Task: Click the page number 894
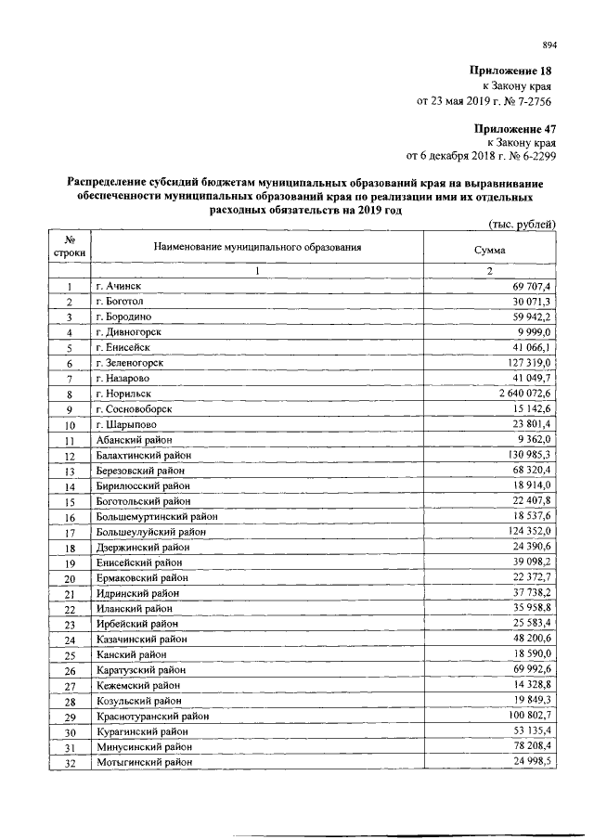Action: [x=549, y=44]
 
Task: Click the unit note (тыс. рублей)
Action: [x=522, y=224]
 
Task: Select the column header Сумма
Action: [x=489, y=250]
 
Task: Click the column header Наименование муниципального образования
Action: [x=257, y=248]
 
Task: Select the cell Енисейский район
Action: [x=138, y=562]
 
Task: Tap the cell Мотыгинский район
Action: [x=144, y=762]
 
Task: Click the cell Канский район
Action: [x=130, y=654]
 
